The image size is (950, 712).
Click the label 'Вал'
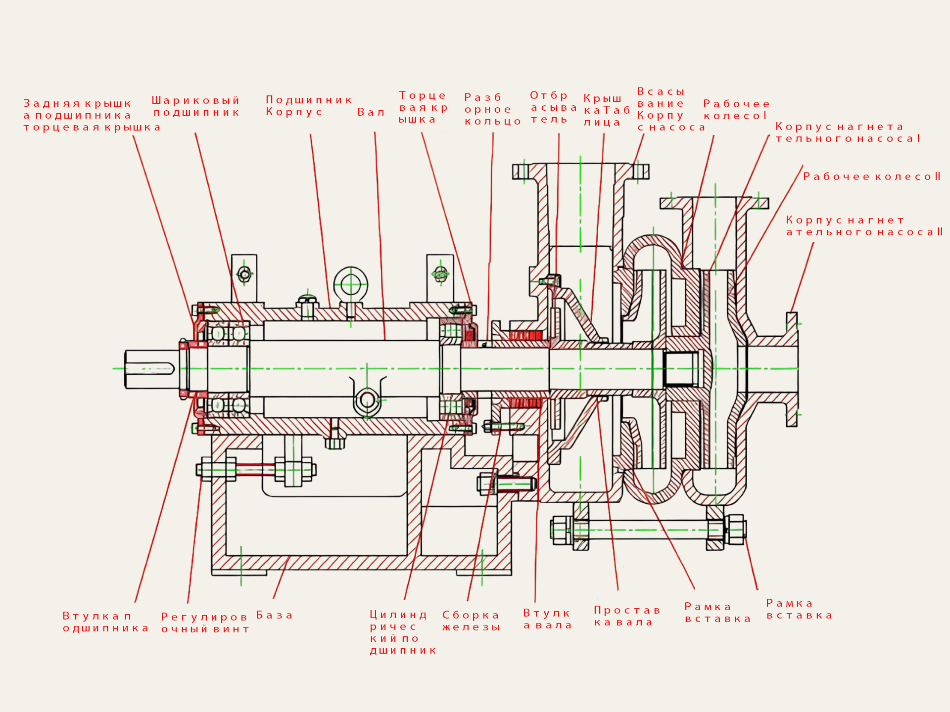[371, 112]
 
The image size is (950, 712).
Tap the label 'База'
[275, 616]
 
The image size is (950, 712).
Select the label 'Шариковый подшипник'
[196, 107]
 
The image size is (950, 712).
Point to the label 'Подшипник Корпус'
[308, 106]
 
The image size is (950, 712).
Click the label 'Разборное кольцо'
[492, 109]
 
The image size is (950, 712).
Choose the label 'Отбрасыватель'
[553, 107]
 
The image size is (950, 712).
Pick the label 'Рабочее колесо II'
[871, 177]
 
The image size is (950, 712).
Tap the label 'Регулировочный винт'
[205, 623]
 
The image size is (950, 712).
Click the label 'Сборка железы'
[471, 621]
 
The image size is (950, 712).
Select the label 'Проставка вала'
[627, 616]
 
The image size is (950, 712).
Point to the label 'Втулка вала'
[548, 619]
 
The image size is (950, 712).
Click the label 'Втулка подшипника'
[105, 622]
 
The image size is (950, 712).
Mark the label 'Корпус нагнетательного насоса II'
[864, 226]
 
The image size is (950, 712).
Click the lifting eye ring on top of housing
[350, 285]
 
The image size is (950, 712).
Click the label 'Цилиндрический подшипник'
[403, 632]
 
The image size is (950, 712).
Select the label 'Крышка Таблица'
[606, 110]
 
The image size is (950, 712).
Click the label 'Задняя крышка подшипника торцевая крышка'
[92, 115]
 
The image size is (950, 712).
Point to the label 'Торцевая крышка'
[423, 107]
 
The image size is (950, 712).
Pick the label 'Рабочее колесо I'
[736, 110]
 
